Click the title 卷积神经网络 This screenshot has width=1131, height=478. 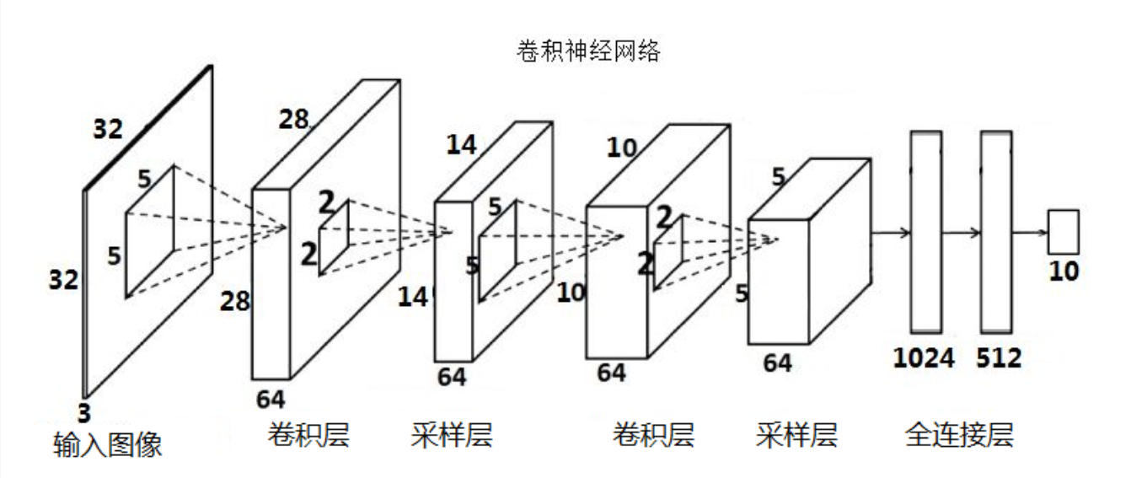pyautogui.click(x=587, y=51)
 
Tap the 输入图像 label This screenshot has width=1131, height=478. pyautogui.click(x=106, y=443)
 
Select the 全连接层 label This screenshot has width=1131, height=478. pyautogui.click(x=958, y=435)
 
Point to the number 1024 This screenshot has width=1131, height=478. pyautogui.click(x=924, y=358)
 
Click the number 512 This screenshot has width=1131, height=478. pyautogui.click(x=999, y=358)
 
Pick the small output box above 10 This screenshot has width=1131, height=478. pyautogui.click(x=1063, y=232)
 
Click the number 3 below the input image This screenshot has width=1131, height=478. pyautogui.click(x=84, y=412)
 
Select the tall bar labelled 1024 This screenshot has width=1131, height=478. pyautogui.click(x=925, y=231)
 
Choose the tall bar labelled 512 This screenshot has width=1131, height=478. pyautogui.click(x=995, y=231)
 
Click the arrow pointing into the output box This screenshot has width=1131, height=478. pyautogui.click(x=1030, y=232)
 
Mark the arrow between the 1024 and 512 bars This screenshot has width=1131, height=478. pyautogui.click(x=961, y=232)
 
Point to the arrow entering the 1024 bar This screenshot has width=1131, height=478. pyautogui.click(x=891, y=232)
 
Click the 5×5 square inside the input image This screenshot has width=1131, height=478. pyautogui.click(x=150, y=230)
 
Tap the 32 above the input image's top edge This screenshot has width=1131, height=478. pyautogui.click(x=108, y=130)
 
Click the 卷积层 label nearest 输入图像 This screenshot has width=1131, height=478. pyautogui.click(x=308, y=435)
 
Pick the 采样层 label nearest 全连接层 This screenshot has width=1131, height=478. pyautogui.click(x=796, y=435)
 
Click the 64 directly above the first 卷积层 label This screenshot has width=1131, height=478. pyautogui.click(x=271, y=398)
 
